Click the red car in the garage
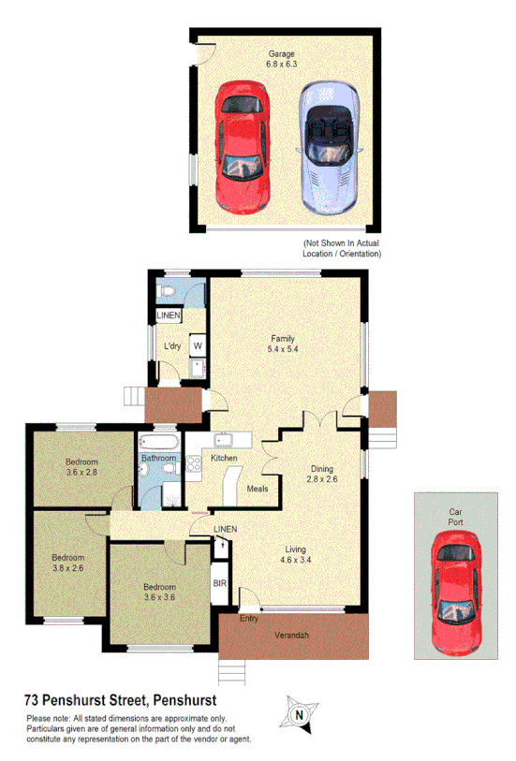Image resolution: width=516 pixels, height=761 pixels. pyautogui.click(x=243, y=146)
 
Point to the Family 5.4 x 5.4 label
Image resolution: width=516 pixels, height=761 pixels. pyautogui.click(x=284, y=344)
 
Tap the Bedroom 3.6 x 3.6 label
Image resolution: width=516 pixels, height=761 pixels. pyautogui.click(x=160, y=592)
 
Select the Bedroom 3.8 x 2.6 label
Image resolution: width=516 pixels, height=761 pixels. pyautogui.click(x=66, y=563)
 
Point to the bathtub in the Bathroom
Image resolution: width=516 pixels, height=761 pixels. pyautogui.click(x=159, y=442)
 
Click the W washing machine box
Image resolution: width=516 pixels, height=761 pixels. pyautogui.click(x=198, y=346)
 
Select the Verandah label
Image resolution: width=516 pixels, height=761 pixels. pyautogui.click(x=292, y=637)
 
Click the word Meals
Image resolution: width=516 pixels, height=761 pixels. pyautogui.click(x=258, y=489)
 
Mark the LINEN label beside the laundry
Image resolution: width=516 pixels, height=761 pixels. pyautogui.click(x=169, y=316)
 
